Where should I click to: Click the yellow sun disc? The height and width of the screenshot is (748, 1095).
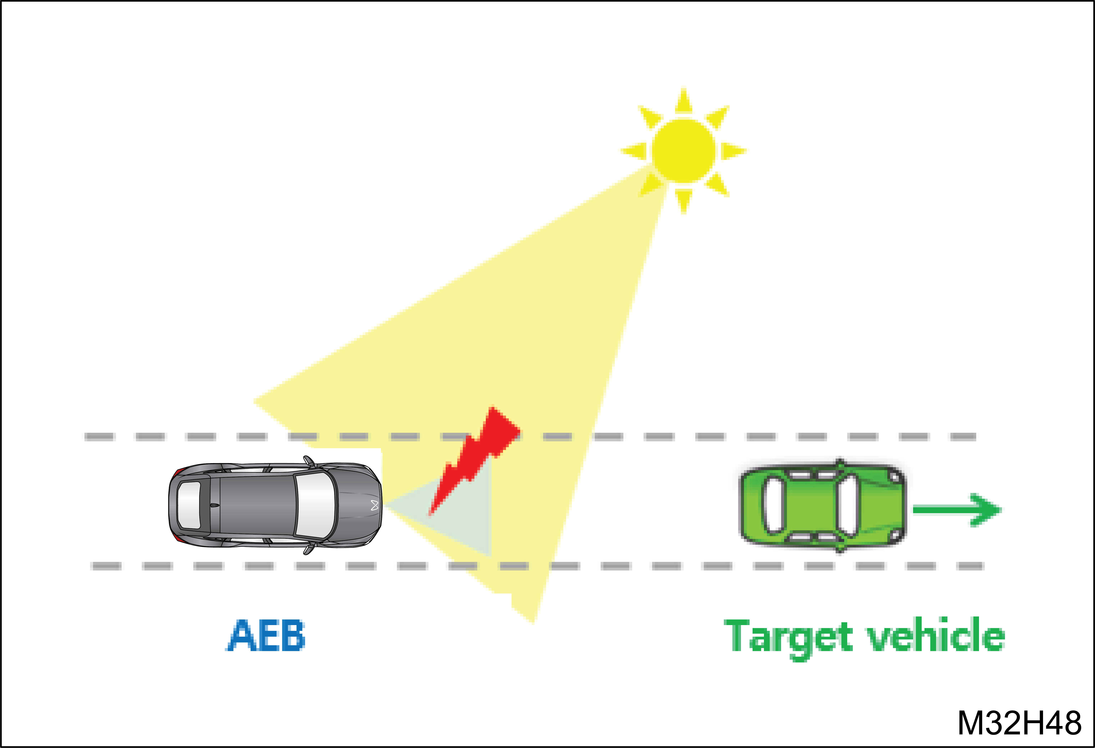coord(684,151)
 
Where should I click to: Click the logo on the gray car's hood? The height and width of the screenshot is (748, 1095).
coord(375,506)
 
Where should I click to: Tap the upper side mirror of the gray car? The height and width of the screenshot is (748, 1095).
coord(309,461)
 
